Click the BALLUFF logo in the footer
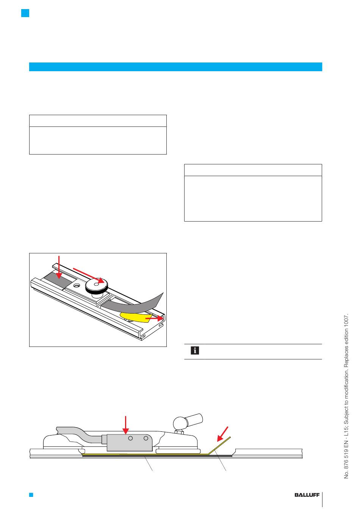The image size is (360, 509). click(307, 495)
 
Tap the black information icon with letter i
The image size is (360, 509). click(194, 351)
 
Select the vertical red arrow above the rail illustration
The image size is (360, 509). click(59, 267)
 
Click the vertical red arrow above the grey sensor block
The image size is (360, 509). click(125, 425)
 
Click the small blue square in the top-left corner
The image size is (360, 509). click(25, 13)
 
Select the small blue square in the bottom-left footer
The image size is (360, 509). click(31, 495)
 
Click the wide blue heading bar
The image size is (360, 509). click(175, 67)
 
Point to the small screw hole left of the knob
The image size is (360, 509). click(77, 285)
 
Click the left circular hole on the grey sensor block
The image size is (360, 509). click(130, 439)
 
